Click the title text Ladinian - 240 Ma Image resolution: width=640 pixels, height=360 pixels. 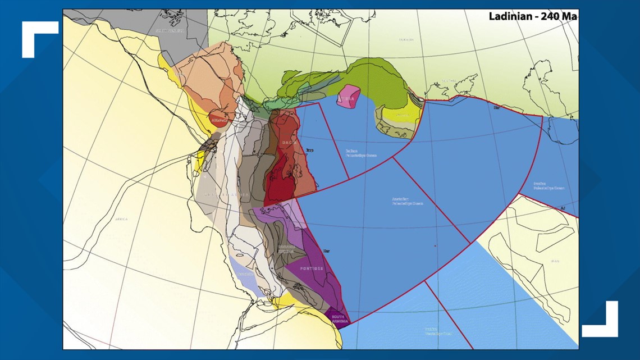pyautogui.click(x=532, y=16)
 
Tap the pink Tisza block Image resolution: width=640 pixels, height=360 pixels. pyautogui.click(x=348, y=97)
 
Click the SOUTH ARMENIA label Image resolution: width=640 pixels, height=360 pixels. pyautogui.click(x=338, y=319)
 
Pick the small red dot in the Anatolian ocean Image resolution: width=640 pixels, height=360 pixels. pyautogui.click(x=435, y=246)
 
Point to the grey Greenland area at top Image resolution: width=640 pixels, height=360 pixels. pyautogui.click(x=168, y=28)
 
